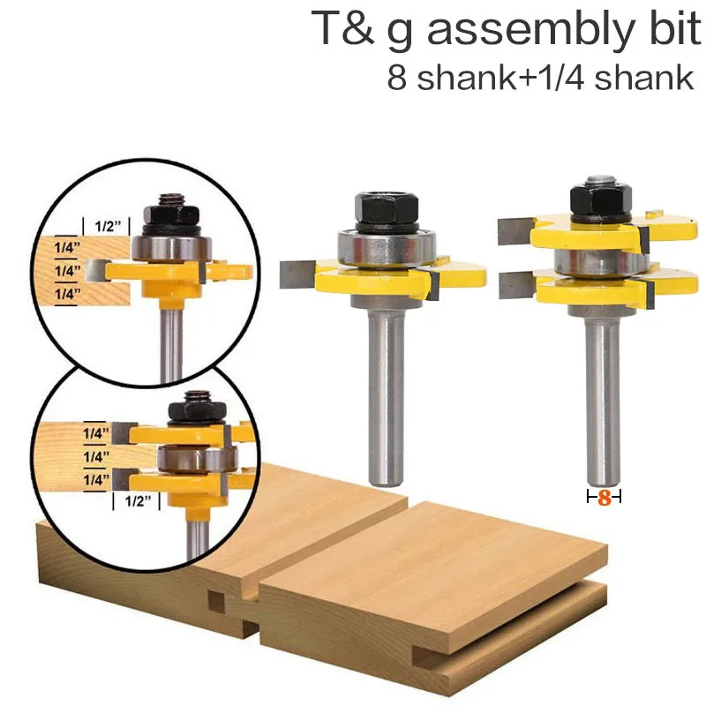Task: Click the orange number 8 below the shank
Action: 605,498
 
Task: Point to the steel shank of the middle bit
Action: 386,388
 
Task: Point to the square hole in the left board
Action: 215,603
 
